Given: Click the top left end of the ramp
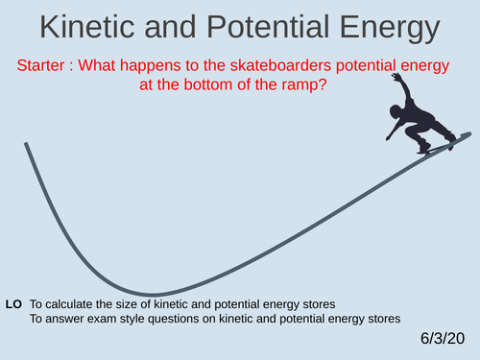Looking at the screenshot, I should pyautogui.click(x=26, y=144).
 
